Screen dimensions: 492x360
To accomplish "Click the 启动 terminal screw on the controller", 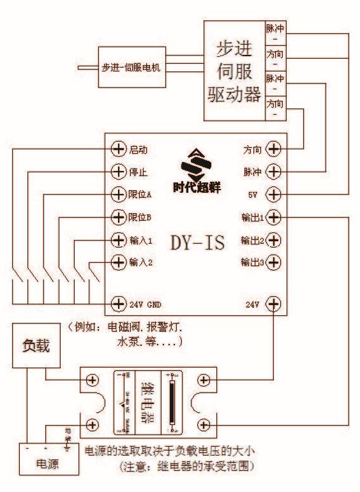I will pyautogui.click(x=118, y=149).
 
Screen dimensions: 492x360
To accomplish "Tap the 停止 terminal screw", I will pyautogui.click(x=118, y=172).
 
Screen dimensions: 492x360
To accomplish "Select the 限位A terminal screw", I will pyautogui.click(x=118, y=194).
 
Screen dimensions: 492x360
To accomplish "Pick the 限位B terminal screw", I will pyautogui.click(x=118, y=217).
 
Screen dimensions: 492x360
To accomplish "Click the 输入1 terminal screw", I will pyautogui.click(x=118, y=240).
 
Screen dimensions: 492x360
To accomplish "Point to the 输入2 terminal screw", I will pyautogui.click(x=118, y=262).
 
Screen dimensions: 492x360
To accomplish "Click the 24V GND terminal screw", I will pyautogui.click(x=118, y=304).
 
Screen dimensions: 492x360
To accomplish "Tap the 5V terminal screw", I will pyautogui.click(x=273, y=194).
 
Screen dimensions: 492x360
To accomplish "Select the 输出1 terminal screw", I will pyautogui.click(x=273, y=217).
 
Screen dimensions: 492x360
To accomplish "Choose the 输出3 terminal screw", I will pyautogui.click(x=273, y=262).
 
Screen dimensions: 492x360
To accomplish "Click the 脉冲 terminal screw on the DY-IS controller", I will pyautogui.click(x=273, y=172).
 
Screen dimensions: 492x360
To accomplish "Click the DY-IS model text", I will pyautogui.click(x=197, y=242).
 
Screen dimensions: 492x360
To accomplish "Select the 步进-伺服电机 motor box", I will pyautogui.click(x=130, y=66).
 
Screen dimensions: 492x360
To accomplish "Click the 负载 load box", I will pyautogui.click(x=36, y=347).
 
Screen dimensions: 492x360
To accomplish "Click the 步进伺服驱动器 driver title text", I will pyautogui.click(x=234, y=72).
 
